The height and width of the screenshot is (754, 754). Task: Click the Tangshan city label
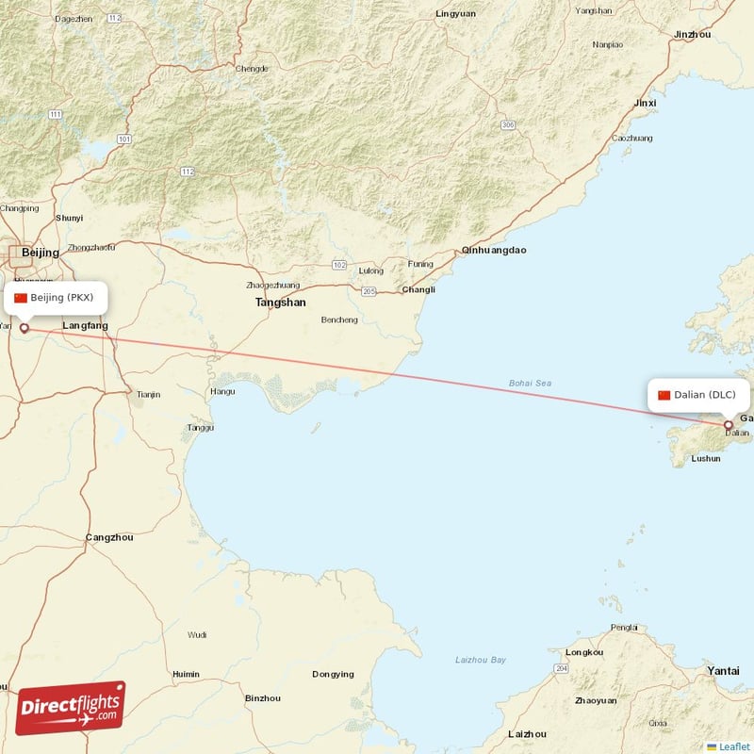(280, 303)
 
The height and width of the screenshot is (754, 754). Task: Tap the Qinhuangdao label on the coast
(494, 251)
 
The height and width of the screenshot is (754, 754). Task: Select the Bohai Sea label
(530, 383)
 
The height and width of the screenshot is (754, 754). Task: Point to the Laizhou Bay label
(481, 659)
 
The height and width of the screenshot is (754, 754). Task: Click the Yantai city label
(723, 670)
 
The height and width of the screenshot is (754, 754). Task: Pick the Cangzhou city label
(109, 537)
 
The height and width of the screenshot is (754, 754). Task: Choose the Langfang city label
(85, 326)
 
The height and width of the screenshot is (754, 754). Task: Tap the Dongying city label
(333, 674)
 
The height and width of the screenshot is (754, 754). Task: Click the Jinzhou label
(692, 35)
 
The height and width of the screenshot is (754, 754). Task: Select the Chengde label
(252, 68)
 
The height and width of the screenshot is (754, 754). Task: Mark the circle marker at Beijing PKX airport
(25, 329)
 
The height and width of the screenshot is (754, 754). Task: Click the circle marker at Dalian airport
(728, 426)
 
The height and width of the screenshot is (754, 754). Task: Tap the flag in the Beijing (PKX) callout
(21, 298)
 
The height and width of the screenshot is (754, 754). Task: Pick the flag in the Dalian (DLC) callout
(664, 394)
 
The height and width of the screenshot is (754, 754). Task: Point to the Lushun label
(706, 458)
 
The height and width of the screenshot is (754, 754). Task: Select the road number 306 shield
(508, 124)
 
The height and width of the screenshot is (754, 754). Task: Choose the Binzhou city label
(262, 698)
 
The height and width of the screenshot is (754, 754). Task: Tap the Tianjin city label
(149, 394)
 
